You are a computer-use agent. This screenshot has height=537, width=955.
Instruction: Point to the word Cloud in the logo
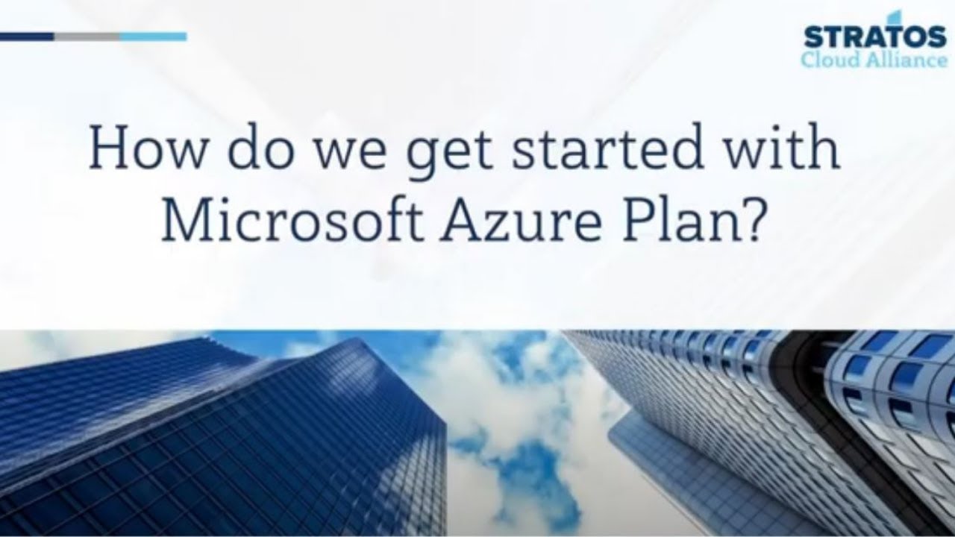point(827,60)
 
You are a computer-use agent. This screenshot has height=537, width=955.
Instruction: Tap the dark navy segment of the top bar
point(27,36)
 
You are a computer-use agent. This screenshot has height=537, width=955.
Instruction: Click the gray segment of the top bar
point(87,36)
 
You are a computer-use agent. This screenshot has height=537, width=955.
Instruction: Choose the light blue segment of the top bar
point(153,36)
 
